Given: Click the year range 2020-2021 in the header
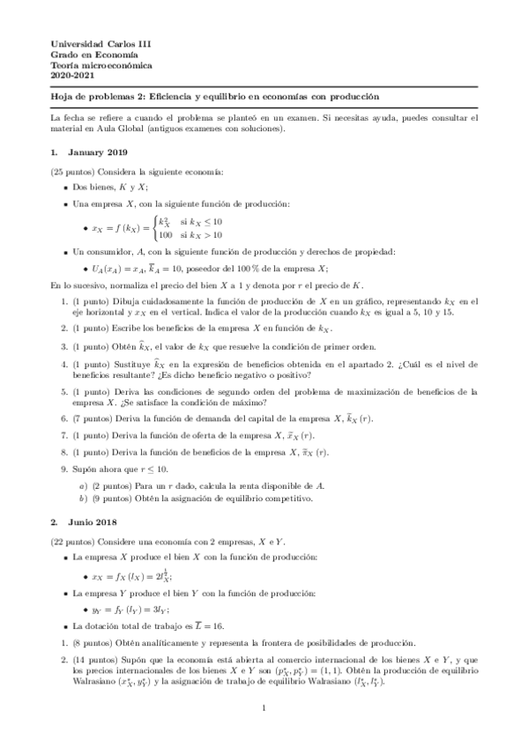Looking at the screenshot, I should click(x=71, y=76).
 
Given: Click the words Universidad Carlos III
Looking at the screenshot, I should click(x=94, y=43).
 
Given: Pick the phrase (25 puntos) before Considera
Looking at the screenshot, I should click(x=73, y=171).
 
